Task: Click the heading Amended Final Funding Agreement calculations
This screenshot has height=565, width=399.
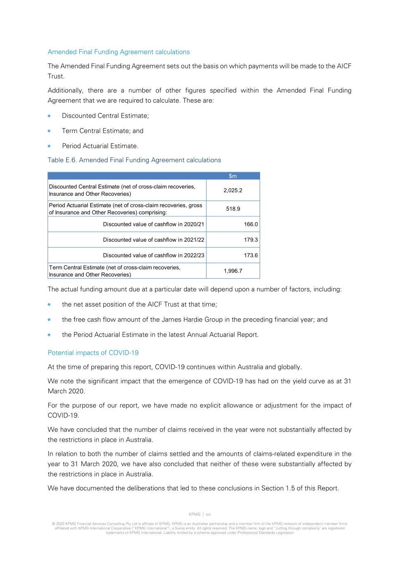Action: (x=119, y=52)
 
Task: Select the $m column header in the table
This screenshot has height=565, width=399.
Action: (x=233, y=176)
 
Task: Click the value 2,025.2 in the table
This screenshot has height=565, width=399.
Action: (x=233, y=190)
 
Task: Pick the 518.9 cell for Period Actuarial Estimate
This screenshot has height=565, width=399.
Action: (x=233, y=209)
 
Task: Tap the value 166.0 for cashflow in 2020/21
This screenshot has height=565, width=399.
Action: (x=251, y=224)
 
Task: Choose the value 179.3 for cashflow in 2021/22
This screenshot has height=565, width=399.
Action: (x=251, y=240)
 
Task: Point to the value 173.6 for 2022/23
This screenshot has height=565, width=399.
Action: (x=251, y=255)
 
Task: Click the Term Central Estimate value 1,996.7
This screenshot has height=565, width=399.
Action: (x=233, y=271)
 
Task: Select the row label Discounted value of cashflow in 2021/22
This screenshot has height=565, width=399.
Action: (x=153, y=240)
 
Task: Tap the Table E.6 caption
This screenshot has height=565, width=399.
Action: (x=134, y=160)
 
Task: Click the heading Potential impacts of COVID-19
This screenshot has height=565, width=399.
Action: (x=93, y=353)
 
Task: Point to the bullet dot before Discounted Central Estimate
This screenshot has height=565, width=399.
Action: (x=50, y=116)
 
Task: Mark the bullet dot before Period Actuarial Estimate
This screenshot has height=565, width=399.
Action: (x=50, y=146)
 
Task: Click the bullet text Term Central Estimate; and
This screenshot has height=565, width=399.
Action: (x=103, y=131)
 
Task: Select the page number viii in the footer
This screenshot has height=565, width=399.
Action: (x=208, y=515)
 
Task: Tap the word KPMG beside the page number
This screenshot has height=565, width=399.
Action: (x=194, y=515)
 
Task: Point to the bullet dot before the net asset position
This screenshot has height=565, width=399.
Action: (x=50, y=305)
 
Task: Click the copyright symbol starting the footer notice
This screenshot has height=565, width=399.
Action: (x=53, y=524)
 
